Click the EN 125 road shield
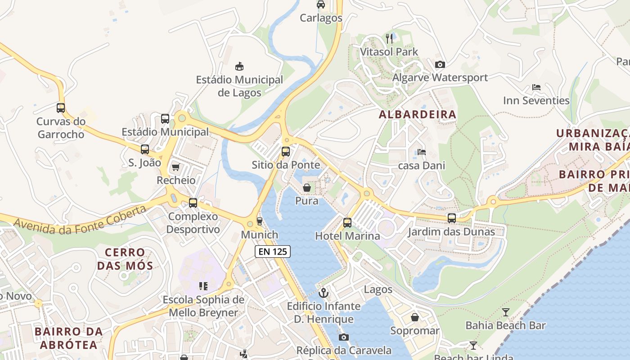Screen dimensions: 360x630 272,252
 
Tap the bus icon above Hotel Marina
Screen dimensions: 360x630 347,222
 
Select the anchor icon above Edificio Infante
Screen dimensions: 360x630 323,293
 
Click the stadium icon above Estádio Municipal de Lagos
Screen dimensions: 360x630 239,66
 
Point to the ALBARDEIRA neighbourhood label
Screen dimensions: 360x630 418,114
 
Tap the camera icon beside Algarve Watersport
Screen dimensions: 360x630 440,64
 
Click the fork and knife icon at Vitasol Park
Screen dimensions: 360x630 389,38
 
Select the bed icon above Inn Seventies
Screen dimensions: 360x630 536,87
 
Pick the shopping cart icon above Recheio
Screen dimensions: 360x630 175,167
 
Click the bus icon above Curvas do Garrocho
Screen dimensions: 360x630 61,108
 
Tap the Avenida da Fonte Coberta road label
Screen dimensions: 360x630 80,220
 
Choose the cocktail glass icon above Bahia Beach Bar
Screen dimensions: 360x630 505,312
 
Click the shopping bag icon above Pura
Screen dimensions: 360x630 306,188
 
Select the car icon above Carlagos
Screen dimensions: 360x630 321,4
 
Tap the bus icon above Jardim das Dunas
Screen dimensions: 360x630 451,218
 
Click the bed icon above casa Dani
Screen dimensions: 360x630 421,152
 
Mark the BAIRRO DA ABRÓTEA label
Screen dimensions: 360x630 68,338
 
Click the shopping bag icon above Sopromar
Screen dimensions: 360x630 414,317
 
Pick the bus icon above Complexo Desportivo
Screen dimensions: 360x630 193,203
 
